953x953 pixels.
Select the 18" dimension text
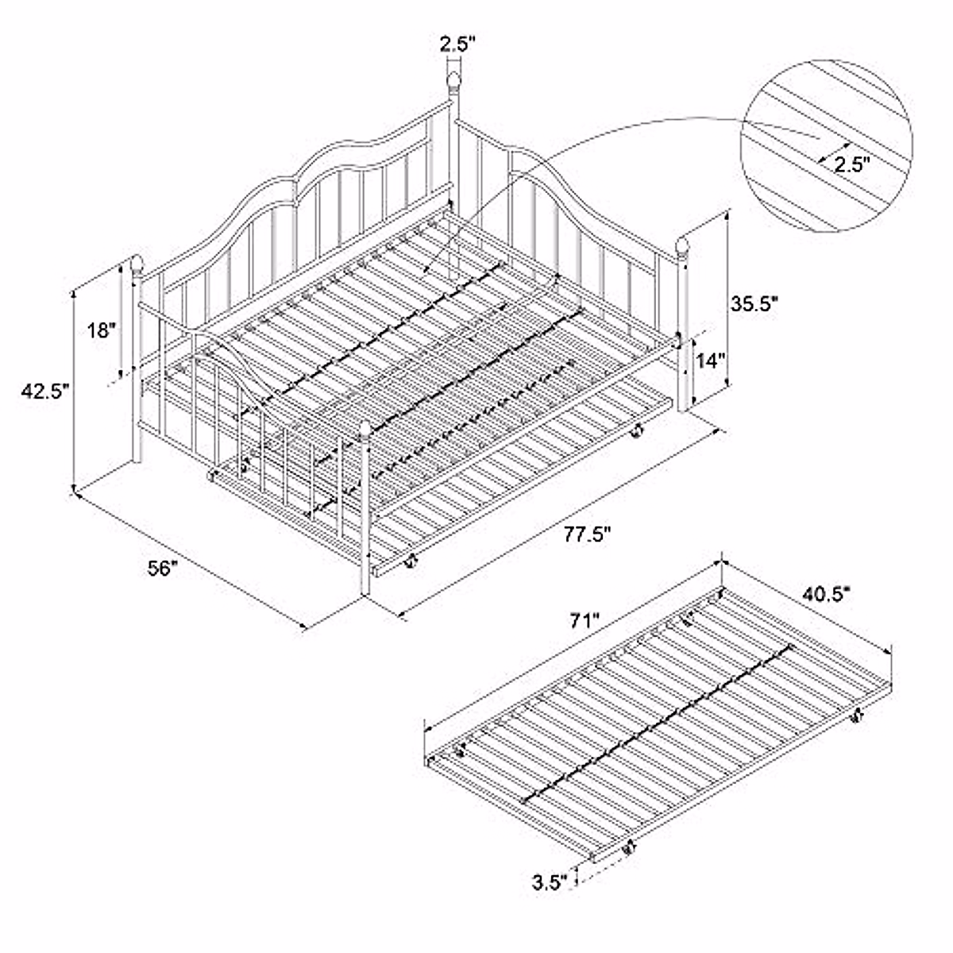click(102, 330)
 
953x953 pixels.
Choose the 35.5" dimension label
click(753, 303)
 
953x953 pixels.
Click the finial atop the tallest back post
click(453, 80)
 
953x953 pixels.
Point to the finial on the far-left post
click(137, 263)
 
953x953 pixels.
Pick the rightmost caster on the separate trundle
click(857, 717)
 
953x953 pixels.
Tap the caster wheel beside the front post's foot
click(410, 564)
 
